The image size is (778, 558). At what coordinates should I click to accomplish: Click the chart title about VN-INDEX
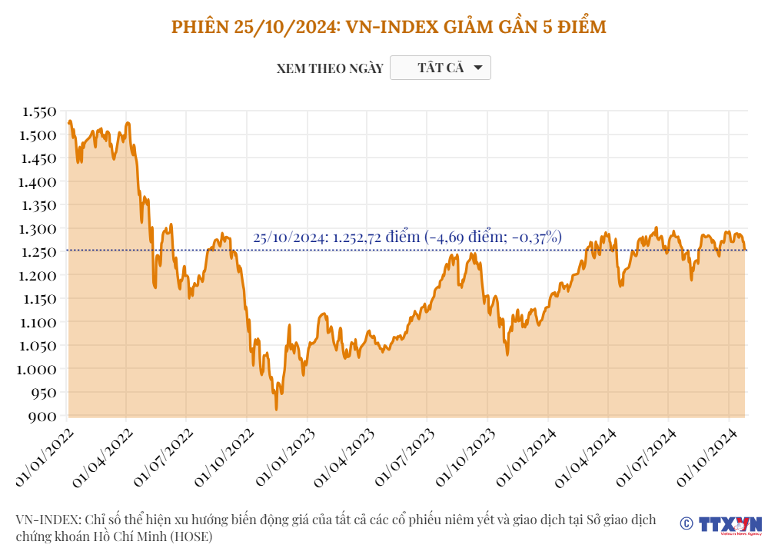[388, 27]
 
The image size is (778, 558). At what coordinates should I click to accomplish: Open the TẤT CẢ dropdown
[441, 68]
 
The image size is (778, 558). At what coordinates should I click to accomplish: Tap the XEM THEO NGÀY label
[330, 68]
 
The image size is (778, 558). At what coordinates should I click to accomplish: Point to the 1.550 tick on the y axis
[39, 111]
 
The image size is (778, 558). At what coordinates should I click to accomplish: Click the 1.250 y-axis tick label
[39, 252]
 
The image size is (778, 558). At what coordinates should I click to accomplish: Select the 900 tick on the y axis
[45, 416]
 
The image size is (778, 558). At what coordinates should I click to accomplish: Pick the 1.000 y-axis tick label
[39, 369]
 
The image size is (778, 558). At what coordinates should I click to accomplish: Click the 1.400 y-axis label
[39, 182]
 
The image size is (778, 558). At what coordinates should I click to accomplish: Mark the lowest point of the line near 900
[276, 409]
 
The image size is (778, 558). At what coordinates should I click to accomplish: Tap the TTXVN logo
[730, 524]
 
